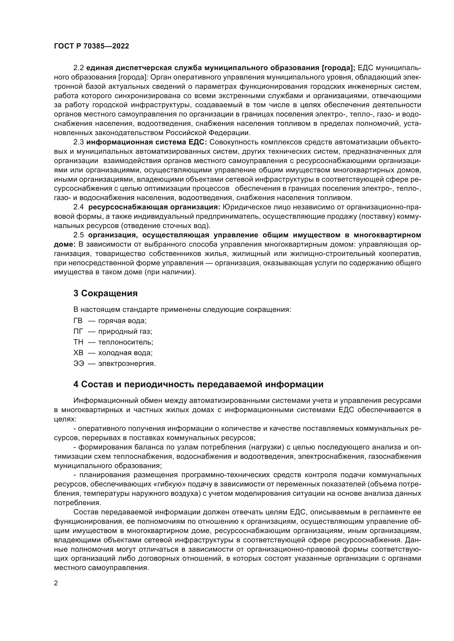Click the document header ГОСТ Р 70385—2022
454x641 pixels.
[91, 46]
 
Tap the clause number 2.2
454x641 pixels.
[79, 68]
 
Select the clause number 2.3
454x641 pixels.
[79, 142]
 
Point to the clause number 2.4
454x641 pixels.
[79, 207]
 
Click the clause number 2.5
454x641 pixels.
[79, 235]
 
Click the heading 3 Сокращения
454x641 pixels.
[105, 294]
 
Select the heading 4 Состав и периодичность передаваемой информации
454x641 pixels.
[198, 384]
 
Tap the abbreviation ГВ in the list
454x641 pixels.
[78, 321]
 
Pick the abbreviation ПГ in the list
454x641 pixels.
[78, 331]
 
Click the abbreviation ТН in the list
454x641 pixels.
[78, 342]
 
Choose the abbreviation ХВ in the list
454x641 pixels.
[78, 353]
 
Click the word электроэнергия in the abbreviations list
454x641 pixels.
[127, 364]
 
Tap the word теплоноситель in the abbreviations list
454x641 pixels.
[125, 342]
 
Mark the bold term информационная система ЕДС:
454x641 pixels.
[147, 142]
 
